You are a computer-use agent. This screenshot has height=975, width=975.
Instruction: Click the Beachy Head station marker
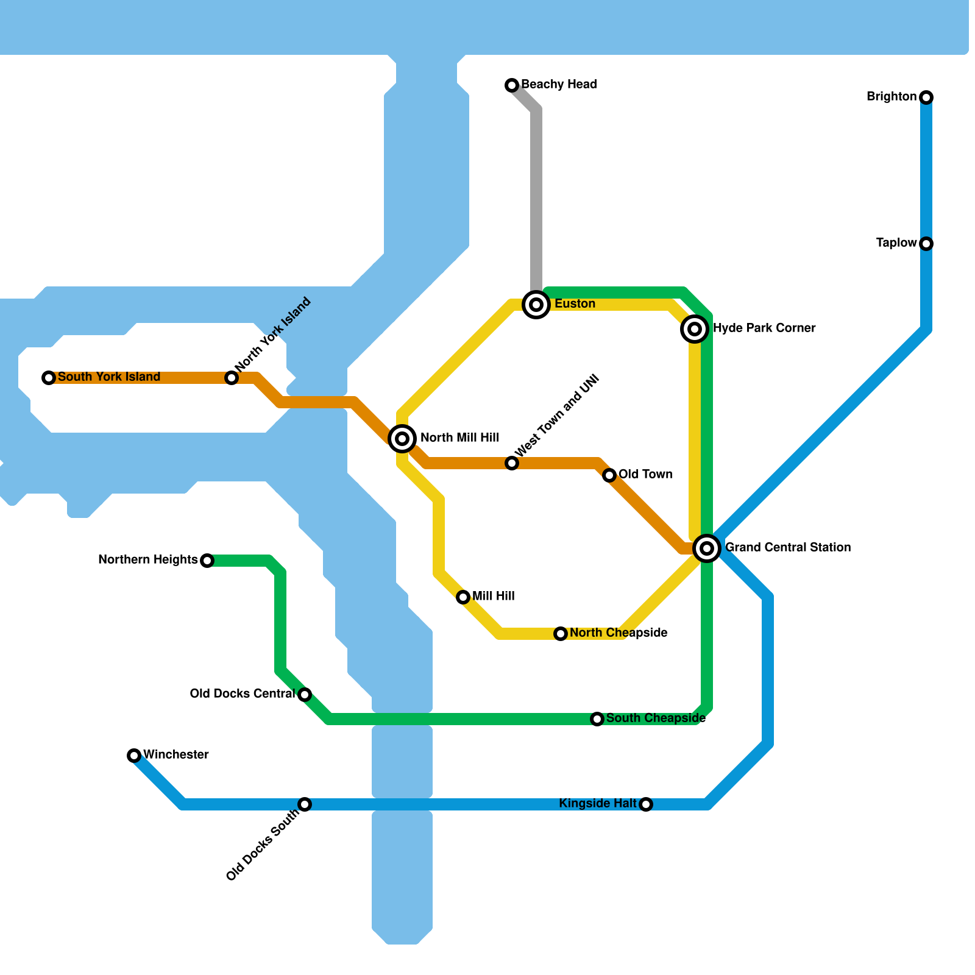point(512,85)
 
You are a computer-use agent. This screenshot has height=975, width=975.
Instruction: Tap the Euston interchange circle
point(536,304)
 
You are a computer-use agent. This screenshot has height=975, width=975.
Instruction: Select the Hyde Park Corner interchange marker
point(694,329)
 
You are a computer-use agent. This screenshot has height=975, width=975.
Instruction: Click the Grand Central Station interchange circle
point(707,548)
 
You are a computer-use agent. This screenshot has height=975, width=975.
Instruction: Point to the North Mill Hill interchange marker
point(402,438)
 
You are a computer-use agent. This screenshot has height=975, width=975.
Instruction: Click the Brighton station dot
point(926,97)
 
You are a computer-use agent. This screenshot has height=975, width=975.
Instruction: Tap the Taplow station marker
point(926,244)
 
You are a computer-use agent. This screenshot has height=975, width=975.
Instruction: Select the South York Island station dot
point(49,378)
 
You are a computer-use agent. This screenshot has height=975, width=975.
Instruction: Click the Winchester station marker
point(134,756)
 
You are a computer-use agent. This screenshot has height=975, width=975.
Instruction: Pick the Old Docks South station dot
point(305,804)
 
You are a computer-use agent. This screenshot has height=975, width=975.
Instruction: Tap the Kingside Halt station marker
point(646,804)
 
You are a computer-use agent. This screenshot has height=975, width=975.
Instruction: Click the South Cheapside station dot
point(597,719)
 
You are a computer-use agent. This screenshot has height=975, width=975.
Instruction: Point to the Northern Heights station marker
point(207,561)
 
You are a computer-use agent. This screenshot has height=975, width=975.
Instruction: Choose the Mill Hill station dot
point(463,597)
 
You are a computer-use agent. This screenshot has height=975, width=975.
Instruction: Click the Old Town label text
point(645,474)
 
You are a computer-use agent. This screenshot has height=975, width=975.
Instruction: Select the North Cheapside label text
point(619,633)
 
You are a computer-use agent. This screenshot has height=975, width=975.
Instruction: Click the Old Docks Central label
point(242,693)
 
